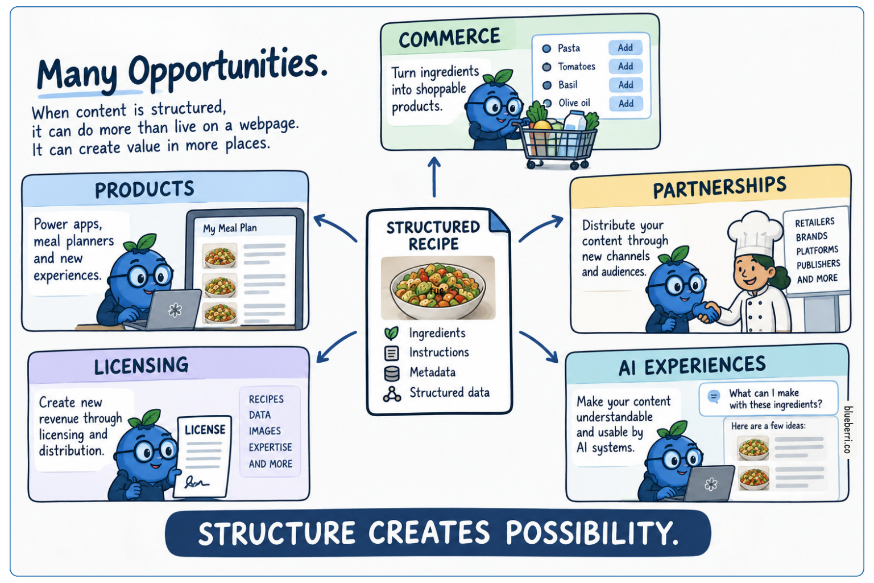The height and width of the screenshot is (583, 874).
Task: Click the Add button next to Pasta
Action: (x=626, y=48)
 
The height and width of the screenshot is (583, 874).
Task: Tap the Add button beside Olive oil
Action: (x=626, y=104)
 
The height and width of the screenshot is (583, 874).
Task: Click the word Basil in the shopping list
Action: (x=568, y=85)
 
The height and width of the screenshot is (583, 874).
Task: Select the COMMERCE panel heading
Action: (x=449, y=38)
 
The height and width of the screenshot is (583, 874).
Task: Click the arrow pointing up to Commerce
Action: (x=434, y=176)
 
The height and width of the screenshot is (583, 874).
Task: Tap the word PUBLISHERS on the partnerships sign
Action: (x=818, y=265)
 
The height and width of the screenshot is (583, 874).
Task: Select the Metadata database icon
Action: (x=392, y=373)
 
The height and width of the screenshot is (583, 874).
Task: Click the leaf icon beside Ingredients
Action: (x=391, y=333)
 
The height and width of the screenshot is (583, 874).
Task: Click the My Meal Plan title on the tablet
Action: (x=230, y=228)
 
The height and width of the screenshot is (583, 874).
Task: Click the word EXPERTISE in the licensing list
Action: (x=271, y=447)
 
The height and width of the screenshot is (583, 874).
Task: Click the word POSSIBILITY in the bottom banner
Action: (x=593, y=532)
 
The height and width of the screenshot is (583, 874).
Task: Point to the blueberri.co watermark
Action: (x=847, y=429)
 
